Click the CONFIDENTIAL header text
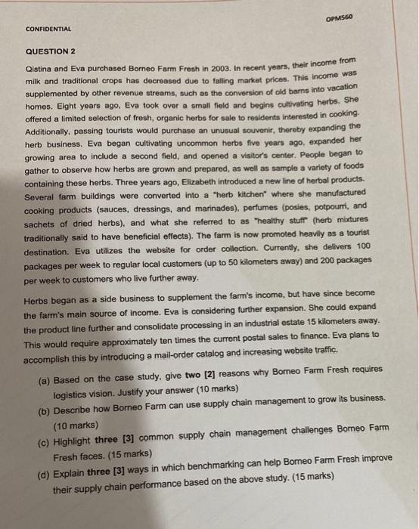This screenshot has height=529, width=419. (x=49, y=29)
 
